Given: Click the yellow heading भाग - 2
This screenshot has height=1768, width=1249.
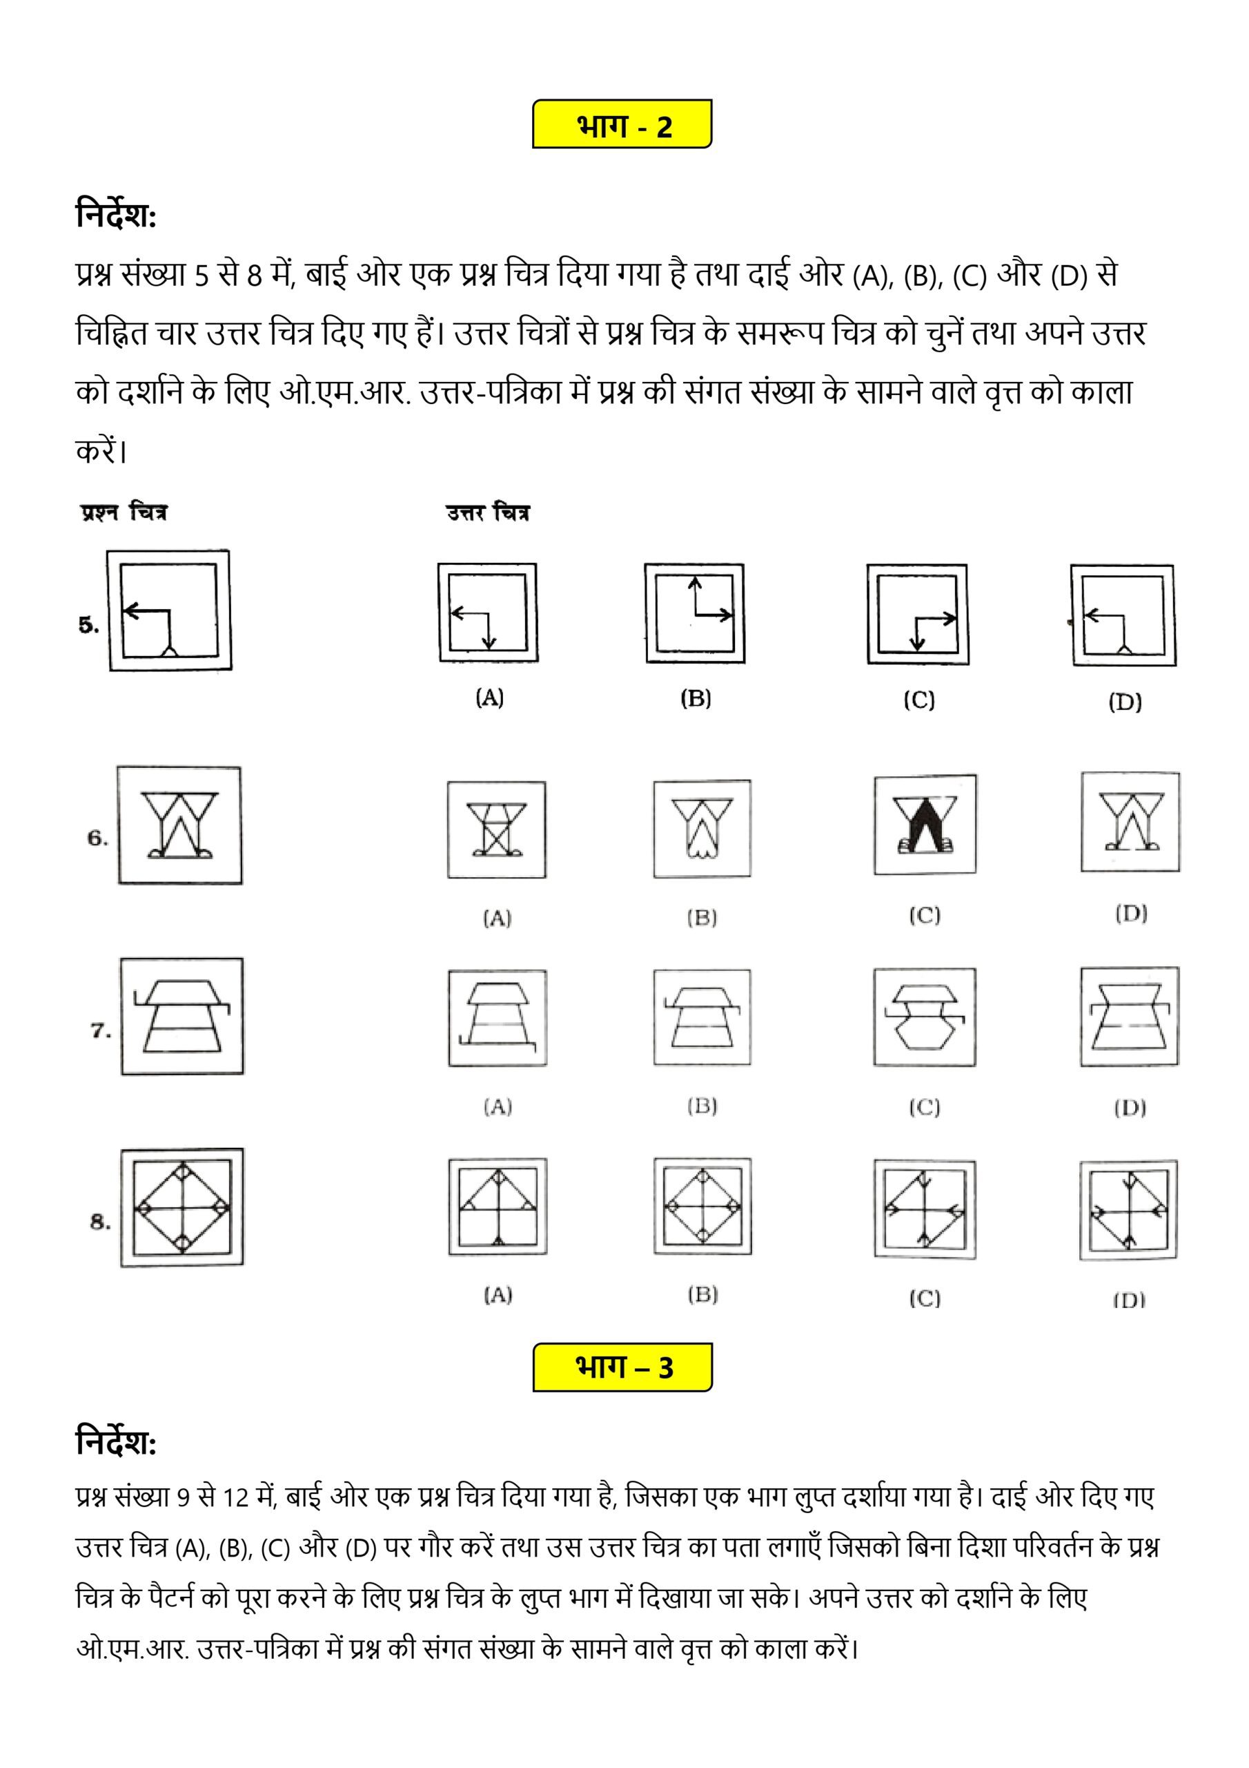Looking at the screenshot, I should point(622,124).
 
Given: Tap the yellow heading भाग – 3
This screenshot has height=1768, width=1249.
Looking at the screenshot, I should point(622,1367).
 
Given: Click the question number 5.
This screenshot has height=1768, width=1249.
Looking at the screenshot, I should point(88,625).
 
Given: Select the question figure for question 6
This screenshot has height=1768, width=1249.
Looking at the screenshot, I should point(179,825).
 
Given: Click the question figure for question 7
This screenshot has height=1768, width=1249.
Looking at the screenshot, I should point(181,1016).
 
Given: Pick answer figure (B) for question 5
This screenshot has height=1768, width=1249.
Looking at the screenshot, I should point(694,614).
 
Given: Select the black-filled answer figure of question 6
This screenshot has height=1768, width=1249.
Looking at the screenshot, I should point(924,825).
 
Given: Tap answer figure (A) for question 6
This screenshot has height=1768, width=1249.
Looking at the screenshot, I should point(496,830).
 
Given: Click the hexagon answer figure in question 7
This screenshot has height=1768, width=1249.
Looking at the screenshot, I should point(924,1017).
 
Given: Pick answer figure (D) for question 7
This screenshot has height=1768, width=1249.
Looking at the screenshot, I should point(1129,1017).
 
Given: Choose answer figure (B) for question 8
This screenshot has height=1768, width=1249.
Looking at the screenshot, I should point(702,1207).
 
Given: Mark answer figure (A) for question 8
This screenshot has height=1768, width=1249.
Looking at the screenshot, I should point(498,1207).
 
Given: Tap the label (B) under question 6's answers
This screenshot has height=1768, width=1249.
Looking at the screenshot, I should point(702,918).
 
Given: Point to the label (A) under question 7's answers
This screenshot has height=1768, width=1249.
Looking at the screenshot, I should point(497,1107).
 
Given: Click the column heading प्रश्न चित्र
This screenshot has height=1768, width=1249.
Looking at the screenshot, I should point(123,513).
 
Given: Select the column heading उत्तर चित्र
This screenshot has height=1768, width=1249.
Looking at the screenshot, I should point(488,513).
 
